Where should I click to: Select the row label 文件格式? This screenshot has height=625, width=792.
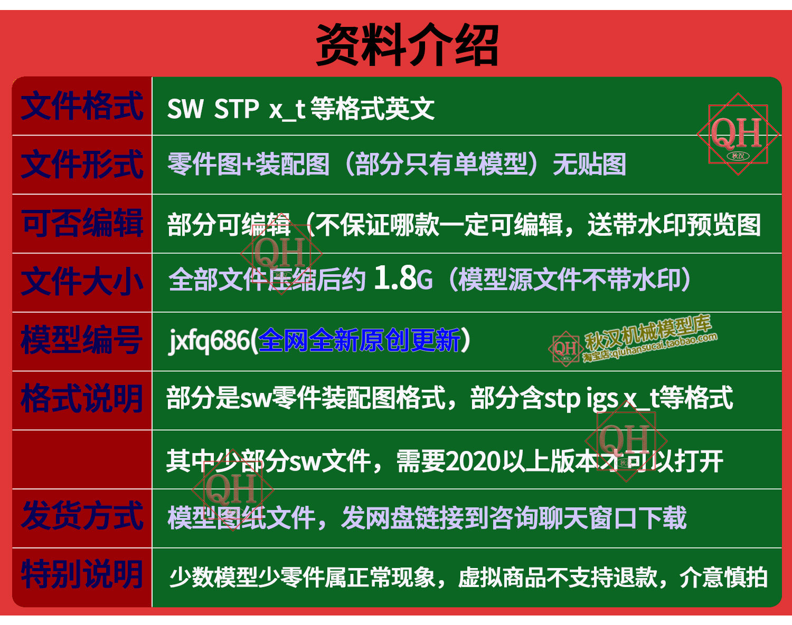tap(82, 106)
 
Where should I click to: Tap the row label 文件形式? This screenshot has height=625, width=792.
tap(82, 165)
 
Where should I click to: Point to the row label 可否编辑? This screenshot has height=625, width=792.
tap(82, 223)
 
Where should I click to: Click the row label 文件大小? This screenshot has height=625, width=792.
tap(82, 282)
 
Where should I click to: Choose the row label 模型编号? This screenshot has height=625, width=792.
tap(81, 340)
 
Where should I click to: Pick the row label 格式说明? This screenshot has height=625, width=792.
tap(81, 399)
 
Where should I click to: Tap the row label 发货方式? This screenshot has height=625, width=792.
tap(82, 516)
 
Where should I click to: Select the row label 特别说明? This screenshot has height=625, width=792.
tap(81, 574)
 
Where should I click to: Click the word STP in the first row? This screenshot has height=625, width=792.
tap(236, 109)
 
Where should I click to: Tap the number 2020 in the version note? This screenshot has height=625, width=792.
tap(473, 462)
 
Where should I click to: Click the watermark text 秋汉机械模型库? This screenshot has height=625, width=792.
tap(648, 332)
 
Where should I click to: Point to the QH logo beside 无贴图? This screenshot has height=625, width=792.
tap(738, 134)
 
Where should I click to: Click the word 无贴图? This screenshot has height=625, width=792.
tap(589, 165)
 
